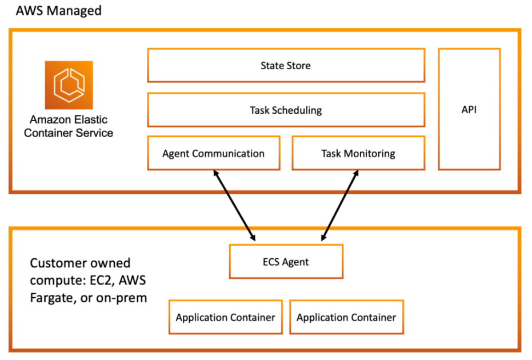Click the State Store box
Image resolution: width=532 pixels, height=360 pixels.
[286, 65]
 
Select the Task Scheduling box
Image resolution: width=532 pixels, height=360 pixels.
[286, 110]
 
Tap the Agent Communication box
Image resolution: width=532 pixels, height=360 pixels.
[213, 153]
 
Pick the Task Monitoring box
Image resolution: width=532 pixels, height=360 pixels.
[358, 153]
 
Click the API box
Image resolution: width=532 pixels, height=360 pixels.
[469, 109]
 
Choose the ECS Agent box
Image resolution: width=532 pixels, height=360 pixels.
[286, 262]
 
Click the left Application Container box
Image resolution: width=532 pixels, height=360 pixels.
[225, 317]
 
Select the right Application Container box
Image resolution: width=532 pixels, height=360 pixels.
[346, 317]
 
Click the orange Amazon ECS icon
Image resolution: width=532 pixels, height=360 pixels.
[69, 85]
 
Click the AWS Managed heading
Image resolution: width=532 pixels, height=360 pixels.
[59, 10]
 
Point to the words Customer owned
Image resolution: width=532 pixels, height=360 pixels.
[80, 263]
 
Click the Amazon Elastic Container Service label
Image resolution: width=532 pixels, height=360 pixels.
[71, 126]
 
